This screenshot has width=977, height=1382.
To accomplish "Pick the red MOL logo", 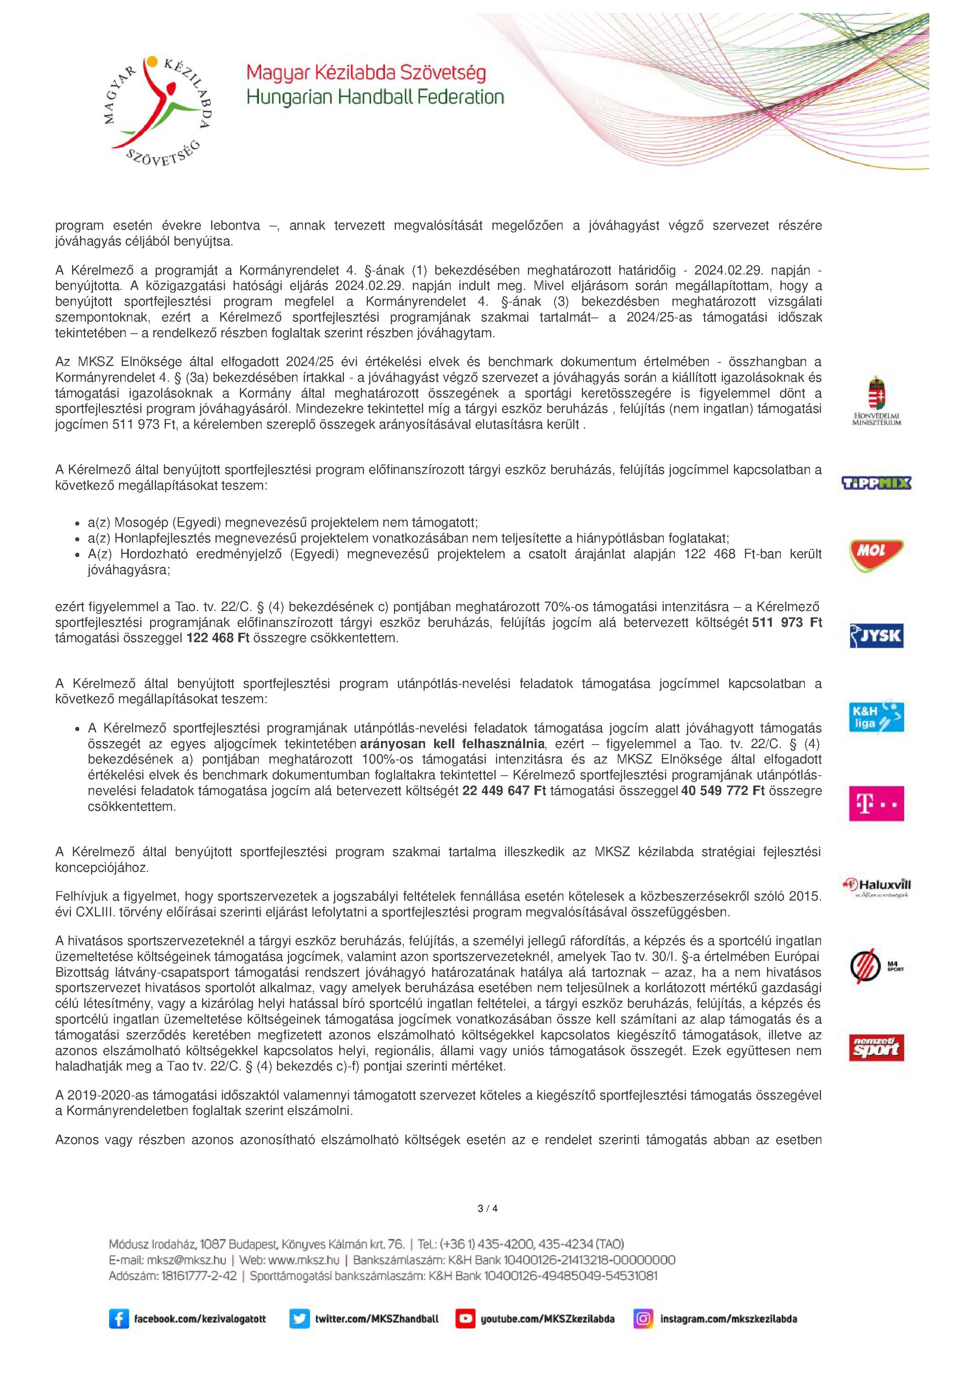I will click(876, 554).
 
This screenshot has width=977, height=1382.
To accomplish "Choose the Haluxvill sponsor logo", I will click(876, 886).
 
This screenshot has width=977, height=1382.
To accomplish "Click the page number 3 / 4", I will click(488, 1208).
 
